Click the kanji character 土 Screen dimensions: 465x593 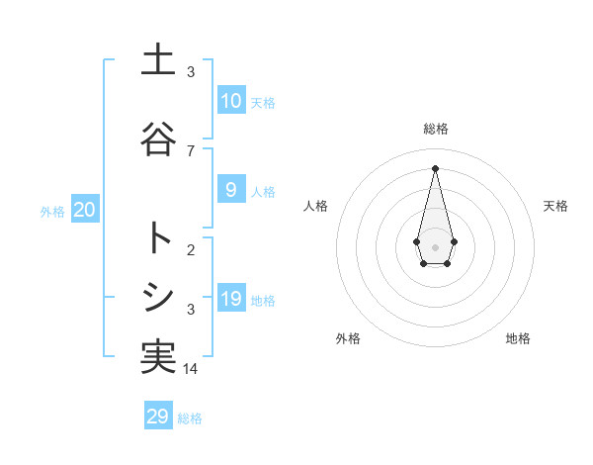pos(158,60)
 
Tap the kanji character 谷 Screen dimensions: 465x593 pos(158,139)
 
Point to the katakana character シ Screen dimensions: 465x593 pos(158,297)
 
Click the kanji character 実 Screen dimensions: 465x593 pos(158,356)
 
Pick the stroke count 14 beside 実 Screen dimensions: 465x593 pos(191,368)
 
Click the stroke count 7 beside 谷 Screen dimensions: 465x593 pos(191,150)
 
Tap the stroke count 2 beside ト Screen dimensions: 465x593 pos(191,249)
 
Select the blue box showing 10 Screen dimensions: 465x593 pos(231,101)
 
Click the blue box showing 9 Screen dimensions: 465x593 pos(231,190)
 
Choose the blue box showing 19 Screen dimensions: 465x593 pos(231,299)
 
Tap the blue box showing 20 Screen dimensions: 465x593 pos(84,210)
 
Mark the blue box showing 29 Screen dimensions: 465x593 pos(158,417)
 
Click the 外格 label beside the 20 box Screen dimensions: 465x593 pos(52,211)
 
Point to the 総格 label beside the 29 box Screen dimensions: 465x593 pos(190,418)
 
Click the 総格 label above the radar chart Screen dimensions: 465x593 pos(435,129)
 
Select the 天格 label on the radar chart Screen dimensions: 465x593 pos(556,206)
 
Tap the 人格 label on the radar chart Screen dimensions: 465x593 pos(315,206)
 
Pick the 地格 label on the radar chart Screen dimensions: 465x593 pos(518,338)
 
